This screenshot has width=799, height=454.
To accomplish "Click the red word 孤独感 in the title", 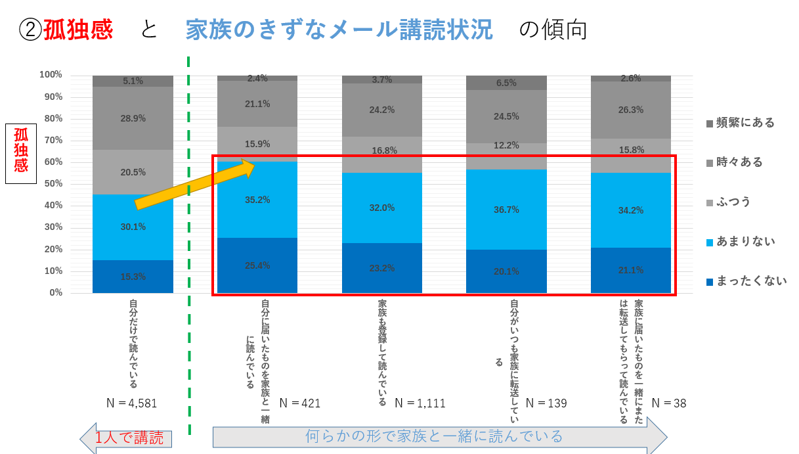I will [78, 30].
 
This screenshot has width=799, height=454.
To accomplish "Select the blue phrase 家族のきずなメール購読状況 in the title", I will [339, 30].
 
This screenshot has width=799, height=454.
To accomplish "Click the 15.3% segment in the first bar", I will [133, 277].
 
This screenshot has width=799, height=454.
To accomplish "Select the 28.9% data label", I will [133, 118].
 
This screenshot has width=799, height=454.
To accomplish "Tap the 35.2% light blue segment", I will [257, 200].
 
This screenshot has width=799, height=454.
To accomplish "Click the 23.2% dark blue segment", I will [382, 268].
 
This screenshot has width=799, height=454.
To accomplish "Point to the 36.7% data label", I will [506, 210].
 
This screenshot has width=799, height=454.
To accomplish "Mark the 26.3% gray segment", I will [630, 110].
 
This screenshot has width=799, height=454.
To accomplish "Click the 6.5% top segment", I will [506, 83].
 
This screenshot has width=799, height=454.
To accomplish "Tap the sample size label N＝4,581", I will [131, 403].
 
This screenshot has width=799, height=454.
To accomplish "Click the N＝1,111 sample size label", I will [420, 403].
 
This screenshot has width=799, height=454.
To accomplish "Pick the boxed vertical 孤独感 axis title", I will [21, 150].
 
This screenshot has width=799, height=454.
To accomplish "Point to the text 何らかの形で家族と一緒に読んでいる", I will [434, 436].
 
